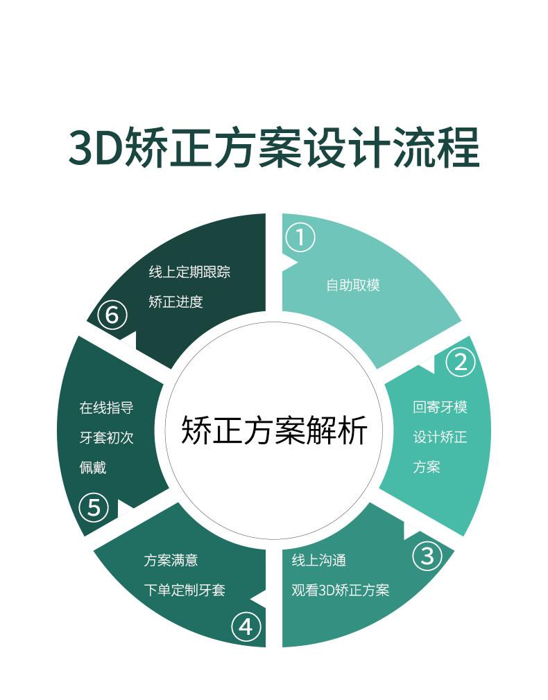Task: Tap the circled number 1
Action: tap(300, 238)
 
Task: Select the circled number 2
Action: tap(460, 362)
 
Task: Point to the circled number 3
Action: tap(427, 555)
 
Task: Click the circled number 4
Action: tap(246, 627)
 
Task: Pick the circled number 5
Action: tap(94, 507)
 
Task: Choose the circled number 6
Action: tap(112, 315)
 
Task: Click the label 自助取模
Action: tap(353, 285)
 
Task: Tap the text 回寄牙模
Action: tap(440, 407)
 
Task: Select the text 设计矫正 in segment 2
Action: tap(440, 437)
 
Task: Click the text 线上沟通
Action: tap(318, 560)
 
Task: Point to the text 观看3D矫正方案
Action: tap(340, 590)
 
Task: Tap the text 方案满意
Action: tap(171, 560)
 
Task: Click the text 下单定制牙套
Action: tap(185, 590)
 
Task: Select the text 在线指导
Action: tap(106, 408)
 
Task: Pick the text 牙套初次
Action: tap(106, 437)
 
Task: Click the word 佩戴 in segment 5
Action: tap(93, 467)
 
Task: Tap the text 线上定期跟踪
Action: tap(189, 272)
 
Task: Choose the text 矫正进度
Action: tap(175, 302)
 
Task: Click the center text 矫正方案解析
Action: tap(274, 430)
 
